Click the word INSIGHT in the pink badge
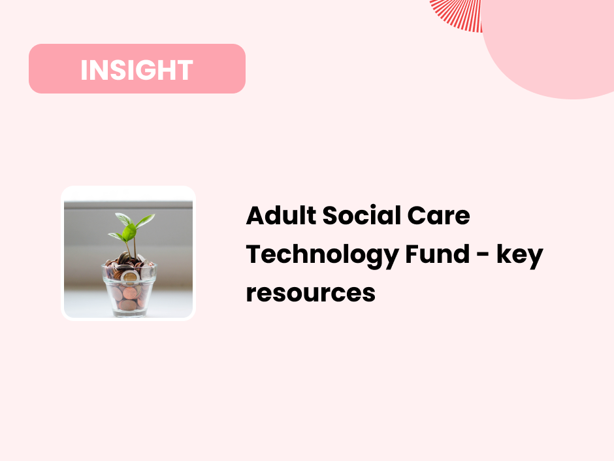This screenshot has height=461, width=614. pos(137,70)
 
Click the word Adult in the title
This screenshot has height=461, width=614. pos(274,216)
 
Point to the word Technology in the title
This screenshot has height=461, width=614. pos(320,255)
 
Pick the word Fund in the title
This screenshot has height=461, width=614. pos(433,254)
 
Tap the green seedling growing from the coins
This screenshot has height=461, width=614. pos(131,228)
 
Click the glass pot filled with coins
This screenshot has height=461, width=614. pos(129,288)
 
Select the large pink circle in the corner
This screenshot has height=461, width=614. pos(555,46)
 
